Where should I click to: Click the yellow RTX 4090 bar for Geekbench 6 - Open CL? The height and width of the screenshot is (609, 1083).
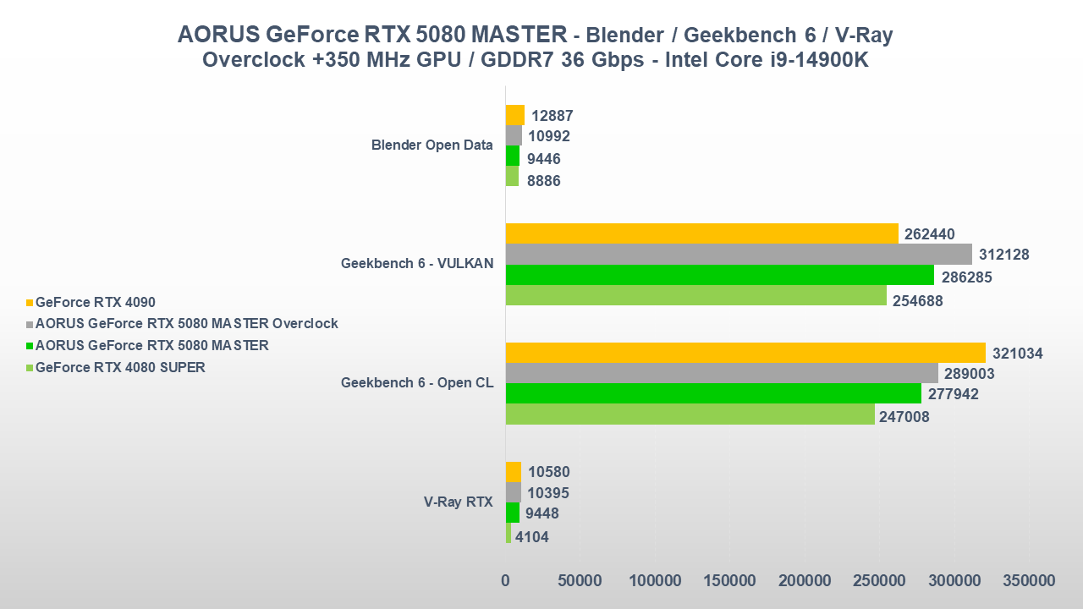click(745, 353)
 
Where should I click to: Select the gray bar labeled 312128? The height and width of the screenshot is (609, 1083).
click(738, 255)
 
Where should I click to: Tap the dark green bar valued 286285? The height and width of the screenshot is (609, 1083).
click(719, 275)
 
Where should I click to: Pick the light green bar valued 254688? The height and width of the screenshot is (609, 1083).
click(695, 295)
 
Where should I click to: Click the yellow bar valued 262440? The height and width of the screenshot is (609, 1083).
click(701, 233)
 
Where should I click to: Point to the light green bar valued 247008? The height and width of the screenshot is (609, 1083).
click(690, 414)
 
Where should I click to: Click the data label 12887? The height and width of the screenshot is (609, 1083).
click(552, 116)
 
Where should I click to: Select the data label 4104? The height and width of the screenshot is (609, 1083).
click(532, 536)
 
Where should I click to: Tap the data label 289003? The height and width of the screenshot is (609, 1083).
click(970, 374)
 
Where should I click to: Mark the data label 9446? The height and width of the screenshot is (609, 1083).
click(543, 159)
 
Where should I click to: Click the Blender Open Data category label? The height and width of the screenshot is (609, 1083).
click(432, 145)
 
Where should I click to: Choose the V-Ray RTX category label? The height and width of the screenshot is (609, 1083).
click(458, 502)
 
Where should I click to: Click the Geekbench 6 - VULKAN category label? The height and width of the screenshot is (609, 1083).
click(416, 263)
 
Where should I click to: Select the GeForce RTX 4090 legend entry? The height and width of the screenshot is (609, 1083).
click(95, 302)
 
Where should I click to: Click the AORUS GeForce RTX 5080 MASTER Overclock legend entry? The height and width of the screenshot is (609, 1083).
click(186, 323)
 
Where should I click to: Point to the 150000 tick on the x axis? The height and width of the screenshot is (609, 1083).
click(729, 581)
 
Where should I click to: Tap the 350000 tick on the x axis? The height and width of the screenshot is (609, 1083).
click(1029, 581)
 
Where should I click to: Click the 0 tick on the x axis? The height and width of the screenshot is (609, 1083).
click(505, 581)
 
